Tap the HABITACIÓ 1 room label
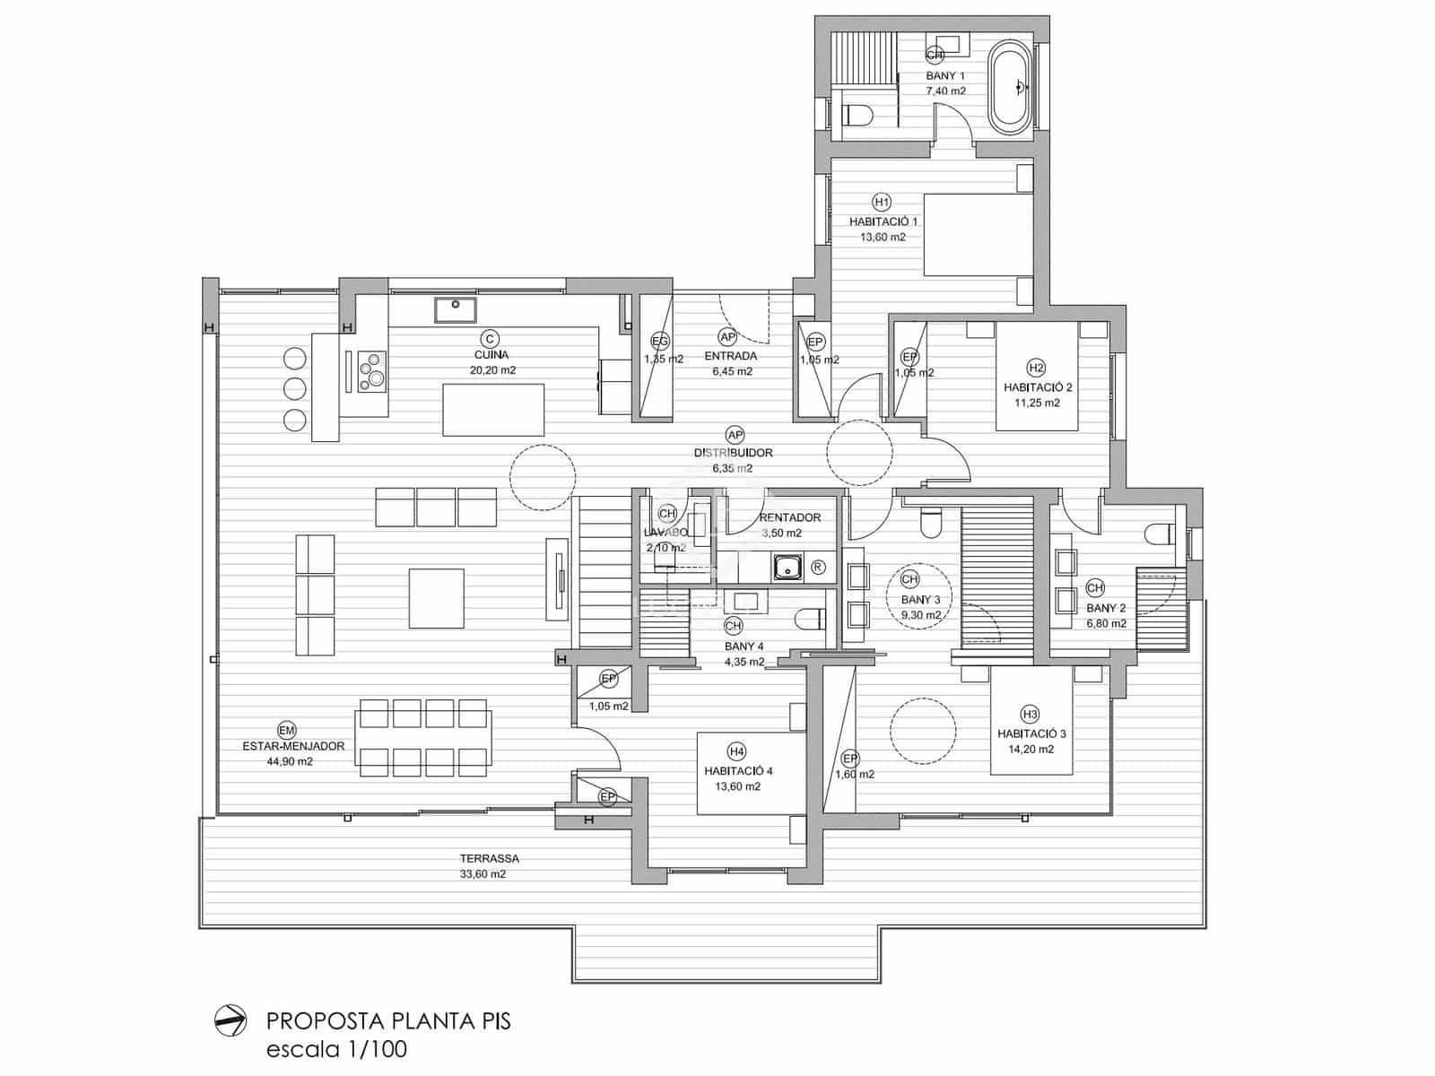pyautogui.click(x=883, y=221)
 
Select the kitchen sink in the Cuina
pyautogui.click(x=456, y=310)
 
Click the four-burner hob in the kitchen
pyautogui.click(x=372, y=371)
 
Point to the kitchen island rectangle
pyautogui.click(x=493, y=410)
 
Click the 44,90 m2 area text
pyautogui.click(x=290, y=761)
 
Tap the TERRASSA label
pyautogui.click(x=490, y=858)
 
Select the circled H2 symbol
pyautogui.click(x=1037, y=368)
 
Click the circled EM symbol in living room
pyautogui.click(x=287, y=730)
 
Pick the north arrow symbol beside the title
pyautogui.click(x=230, y=1020)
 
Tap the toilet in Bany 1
pyautogui.click(x=859, y=116)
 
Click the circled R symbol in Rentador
pyautogui.click(x=818, y=567)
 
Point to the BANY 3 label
pyautogui.click(x=920, y=599)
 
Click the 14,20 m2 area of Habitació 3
pyautogui.click(x=1031, y=749)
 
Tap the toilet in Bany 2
pyautogui.click(x=1161, y=535)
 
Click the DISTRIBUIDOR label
pyautogui.click(x=734, y=453)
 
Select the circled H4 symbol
pyautogui.click(x=736, y=751)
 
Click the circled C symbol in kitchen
pyautogui.click(x=490, y=338)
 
